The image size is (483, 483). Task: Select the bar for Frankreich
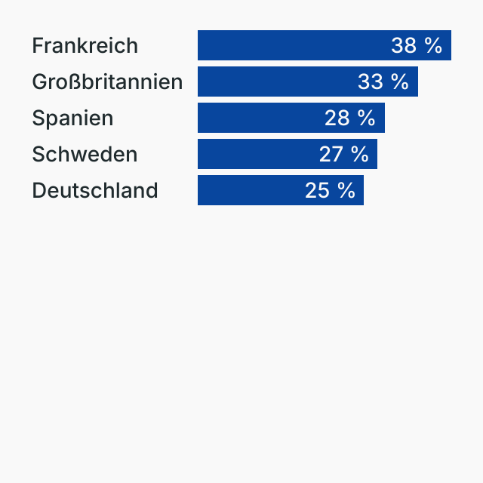pos(294,45)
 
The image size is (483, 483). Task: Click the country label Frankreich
pos(85,45)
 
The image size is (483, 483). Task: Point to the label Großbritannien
pos(107,82)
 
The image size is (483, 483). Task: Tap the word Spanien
pos(72,118)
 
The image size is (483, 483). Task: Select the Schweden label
pos(85,154)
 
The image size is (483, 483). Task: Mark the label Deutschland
pos(95,190)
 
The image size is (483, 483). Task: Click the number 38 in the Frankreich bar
pos(404,45)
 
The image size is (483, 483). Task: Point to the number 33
pos(371,82)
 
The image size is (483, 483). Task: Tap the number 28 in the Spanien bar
pos(337,118)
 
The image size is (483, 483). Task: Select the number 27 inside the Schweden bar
pos(331,154)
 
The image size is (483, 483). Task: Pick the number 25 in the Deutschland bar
pos(318,190)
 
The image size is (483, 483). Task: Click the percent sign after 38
pos(433,45)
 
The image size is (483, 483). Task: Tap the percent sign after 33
pos(400,82)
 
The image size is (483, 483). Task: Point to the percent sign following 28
pos(367,118)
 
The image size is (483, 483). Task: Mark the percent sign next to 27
pos(360,154)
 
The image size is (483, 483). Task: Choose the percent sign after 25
pos(346,190)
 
